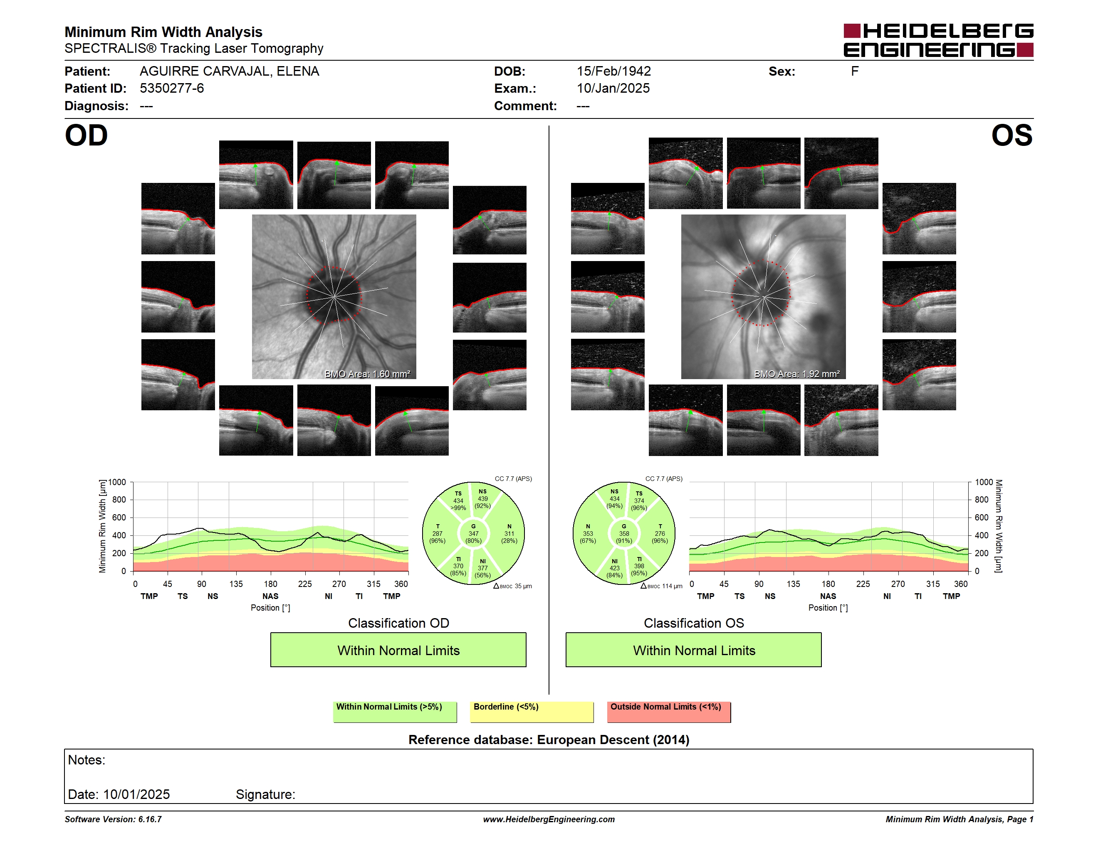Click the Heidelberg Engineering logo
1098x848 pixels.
(938, 40)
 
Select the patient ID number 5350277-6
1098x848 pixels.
(172, 89)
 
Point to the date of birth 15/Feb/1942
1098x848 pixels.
(613, 71)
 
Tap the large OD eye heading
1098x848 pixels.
(86, 136)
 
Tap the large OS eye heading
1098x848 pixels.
(1011, 136)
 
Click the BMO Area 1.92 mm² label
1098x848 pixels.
(796, 374)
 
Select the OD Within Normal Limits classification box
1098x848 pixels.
(398, 650)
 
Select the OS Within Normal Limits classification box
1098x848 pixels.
(694, 650)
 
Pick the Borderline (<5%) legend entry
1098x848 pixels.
(532, 712)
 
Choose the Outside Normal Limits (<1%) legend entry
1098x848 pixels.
(669, 712)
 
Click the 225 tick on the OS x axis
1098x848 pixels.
(863, 584)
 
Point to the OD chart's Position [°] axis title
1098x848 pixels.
(270, 608)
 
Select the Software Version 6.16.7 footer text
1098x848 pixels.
(113, 819)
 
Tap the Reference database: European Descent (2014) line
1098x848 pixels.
(549, 740)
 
